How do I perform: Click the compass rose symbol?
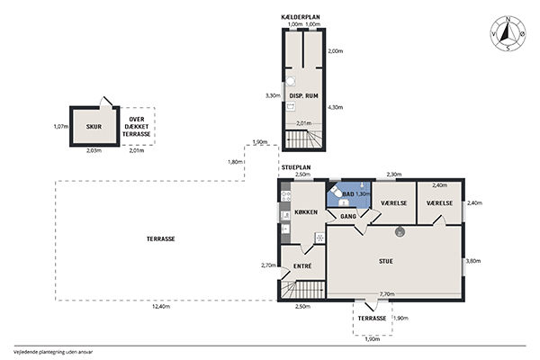508,34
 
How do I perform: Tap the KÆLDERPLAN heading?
301,17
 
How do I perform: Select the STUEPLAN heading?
296,167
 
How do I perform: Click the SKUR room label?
94,127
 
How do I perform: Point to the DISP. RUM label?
304,96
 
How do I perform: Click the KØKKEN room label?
306,212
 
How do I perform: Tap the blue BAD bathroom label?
348,194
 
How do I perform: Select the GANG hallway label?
348,217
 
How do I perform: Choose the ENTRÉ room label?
302,266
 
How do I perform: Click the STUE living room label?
386,262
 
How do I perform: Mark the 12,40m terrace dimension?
161,306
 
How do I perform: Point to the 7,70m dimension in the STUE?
387,294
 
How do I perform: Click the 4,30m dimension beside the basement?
336,107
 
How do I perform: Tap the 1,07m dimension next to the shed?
61,127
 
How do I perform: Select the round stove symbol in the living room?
400,232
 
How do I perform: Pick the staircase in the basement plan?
304,139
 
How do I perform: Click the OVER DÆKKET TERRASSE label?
137,127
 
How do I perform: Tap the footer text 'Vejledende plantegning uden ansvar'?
53,352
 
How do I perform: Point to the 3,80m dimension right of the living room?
473,261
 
